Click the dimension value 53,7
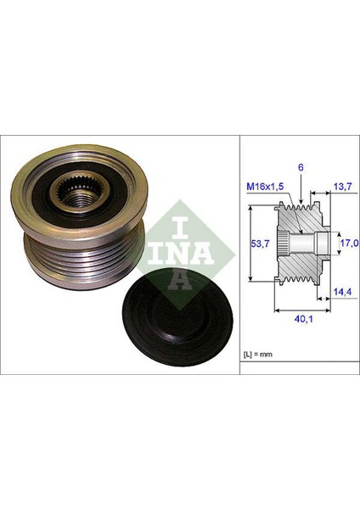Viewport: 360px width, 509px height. point(264,244)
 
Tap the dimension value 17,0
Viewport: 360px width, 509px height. point(347,243)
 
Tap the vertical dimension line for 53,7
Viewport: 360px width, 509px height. point(252,244)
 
